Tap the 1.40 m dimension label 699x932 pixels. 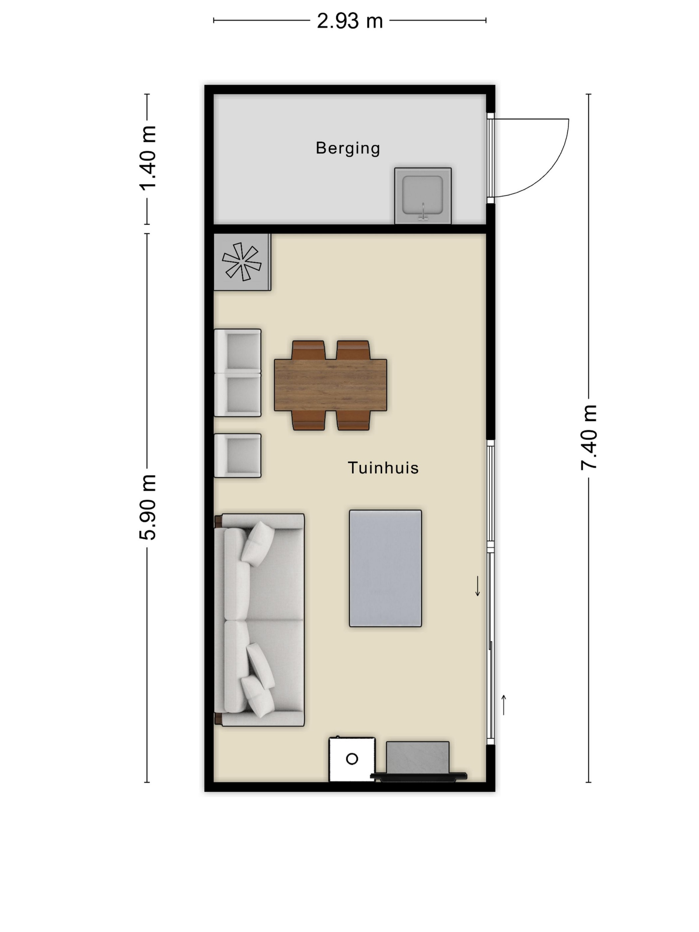pyautogui.click(x=148, y=158)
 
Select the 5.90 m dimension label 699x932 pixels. pyautogui.click(x=148, y=507)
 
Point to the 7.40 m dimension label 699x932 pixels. pyautogui.click(x=589, y=437)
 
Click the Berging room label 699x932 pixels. pyautogui.click(x=348, y=148)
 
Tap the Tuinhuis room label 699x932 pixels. pyautogui.click(x=383, y=468)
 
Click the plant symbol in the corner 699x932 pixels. pyautogui.click(x=242, y=262)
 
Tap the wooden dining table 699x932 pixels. pyautogui.click(x=330, y=385)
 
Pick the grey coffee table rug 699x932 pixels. pyautogui.click(x=385, y=569)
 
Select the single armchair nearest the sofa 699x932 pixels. pyautogui.click(x=238, y=455)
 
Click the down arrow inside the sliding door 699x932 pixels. pyautogui.click(x=477, y=586)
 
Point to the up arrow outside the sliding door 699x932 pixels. pyautogui.click(x=504, y=705)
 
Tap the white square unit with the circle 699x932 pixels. pyautogui.click(x=352, y=759)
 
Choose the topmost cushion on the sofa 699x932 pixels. pyautogui.click(x=258, y=544)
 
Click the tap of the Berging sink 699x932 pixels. pyautogui.click(x=423, y=212)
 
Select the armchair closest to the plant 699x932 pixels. pyautogui.click(x=238, y=351)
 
